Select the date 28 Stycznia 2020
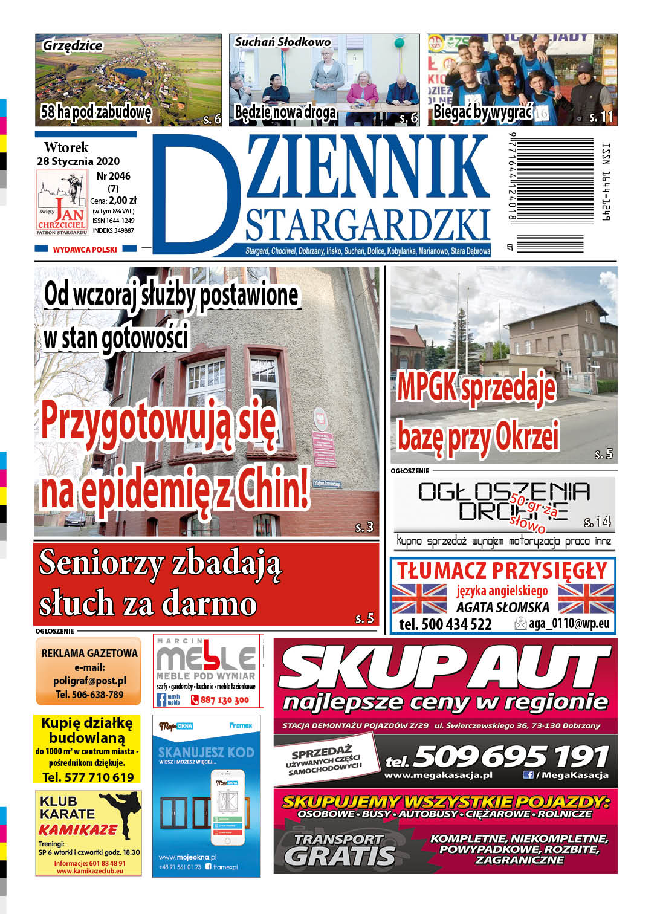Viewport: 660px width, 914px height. click(78, 161)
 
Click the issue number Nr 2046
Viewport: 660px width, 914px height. click(113, 176)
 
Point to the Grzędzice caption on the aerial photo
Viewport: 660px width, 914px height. click(73, 45)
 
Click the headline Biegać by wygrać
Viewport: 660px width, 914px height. click(482, 112)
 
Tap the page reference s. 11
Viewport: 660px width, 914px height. click(601, 117)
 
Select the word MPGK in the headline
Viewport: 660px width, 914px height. click(426, 387)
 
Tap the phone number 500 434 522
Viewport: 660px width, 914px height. click(456, 624)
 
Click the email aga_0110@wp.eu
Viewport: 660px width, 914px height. click(569, 624)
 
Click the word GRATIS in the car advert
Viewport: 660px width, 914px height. click(340, 855)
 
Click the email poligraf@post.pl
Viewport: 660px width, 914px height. click(89, 681)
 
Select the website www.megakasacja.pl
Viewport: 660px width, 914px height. click(438, 775)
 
